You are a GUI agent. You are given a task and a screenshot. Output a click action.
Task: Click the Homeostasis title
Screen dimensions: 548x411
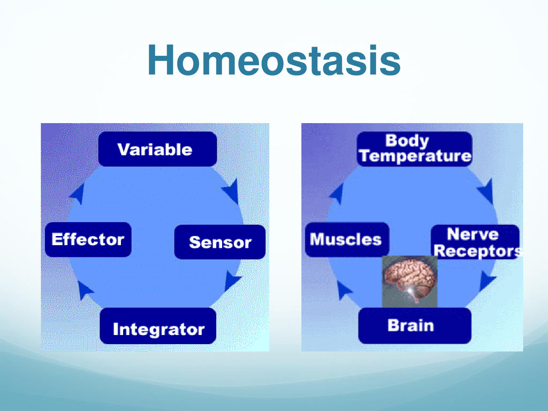pyautogui.click(x=274, y=60)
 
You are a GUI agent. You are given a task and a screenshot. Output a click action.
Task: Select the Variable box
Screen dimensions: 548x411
pyautogui.click(x=158, y=149)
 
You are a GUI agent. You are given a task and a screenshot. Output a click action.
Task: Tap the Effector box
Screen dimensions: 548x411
pyautogui.click(x=88, y=239)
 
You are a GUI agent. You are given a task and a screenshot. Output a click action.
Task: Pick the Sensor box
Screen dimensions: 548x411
pyautogui.click(x=220, y=242)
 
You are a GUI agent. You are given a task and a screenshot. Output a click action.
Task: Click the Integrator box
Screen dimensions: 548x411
pyautogui.click(x=158, y=326)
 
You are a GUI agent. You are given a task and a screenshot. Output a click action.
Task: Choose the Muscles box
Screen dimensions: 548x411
pyautogui.click(x=347, y=239)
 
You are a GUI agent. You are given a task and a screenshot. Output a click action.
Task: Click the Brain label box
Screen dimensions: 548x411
pyautogui.click(x=415, y=325)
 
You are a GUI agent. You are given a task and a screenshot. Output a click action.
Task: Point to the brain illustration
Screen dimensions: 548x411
pyautogui.click(x=410, y=281)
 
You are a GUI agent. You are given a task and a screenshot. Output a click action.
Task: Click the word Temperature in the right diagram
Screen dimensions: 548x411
pyautogui.click(x=415, y=156)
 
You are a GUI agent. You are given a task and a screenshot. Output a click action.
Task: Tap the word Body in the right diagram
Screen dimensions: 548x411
pyautogui.click(x=407, y=141)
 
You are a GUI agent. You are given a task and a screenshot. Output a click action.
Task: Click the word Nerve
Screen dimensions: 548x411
pyautogui.click(x=473, y=234)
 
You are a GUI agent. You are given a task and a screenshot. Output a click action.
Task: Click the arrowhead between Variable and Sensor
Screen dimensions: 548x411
pyautogui.click(x=231, y=191)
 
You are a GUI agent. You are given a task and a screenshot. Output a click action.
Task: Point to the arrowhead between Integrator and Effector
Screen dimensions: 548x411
pyautogui.click(x=85, y=290)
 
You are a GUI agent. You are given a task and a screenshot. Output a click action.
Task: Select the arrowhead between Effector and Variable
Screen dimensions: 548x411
pyautogui.click(x=78, y=193)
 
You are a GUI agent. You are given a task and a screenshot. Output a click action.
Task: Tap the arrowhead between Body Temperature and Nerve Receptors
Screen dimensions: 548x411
pyautogui.click(x=486, y=191)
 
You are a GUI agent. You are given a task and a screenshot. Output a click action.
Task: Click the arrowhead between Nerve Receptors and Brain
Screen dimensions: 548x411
pyautogui.click(x=487, y=280)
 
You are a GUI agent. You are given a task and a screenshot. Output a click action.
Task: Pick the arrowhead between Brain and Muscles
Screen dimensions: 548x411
pyautogui.click(x=344, y=291)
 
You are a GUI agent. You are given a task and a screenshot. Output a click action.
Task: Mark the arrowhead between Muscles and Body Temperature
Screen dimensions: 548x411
pyautogui.click(x=337, y=193)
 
